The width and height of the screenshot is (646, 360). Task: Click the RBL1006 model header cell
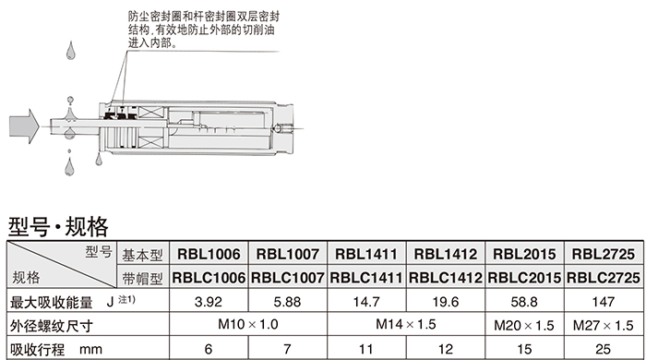click(209, 254)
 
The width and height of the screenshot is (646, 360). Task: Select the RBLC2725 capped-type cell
click(604, 278)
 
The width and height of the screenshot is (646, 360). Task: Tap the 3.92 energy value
click(209, 302)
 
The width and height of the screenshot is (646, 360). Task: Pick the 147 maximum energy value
click(604, 302)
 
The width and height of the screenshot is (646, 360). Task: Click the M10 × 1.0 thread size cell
click(248, 324)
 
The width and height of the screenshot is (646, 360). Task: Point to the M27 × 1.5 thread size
click(604, 326)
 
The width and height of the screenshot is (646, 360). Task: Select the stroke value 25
click(604, 349)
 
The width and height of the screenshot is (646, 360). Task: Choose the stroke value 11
click(365, 349)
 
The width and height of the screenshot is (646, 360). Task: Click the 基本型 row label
click(142, 255)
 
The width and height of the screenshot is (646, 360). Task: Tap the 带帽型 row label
click(142, 279)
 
